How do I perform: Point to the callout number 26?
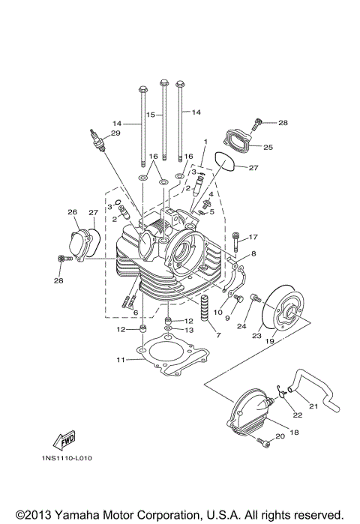[x=72, y=212]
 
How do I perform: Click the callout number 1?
[x=203, y=141]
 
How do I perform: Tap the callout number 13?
[x=189, y=329]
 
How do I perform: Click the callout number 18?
[x=293, y=433]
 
